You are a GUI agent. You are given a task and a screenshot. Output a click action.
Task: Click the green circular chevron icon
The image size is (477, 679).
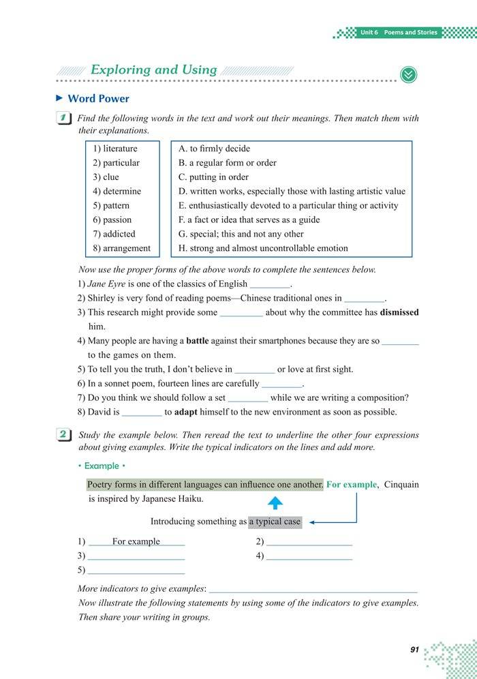pos(408,75)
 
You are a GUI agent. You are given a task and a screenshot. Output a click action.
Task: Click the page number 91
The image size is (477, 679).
pos(414,650)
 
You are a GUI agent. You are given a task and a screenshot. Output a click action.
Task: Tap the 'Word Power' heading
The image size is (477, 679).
pos(98,99)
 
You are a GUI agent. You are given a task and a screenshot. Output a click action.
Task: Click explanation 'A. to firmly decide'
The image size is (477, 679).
pos(214,149)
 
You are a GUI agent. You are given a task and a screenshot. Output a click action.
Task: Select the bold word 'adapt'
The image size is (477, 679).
pos(185,412)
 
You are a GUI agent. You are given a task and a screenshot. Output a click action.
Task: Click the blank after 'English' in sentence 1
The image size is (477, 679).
pos(271,285)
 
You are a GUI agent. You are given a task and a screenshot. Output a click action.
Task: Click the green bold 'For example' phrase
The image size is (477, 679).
pos(351,485)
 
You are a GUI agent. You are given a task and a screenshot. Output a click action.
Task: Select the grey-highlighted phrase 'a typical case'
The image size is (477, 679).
pos(275,522)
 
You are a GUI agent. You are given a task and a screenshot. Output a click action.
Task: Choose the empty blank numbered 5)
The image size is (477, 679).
pos(136,571)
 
